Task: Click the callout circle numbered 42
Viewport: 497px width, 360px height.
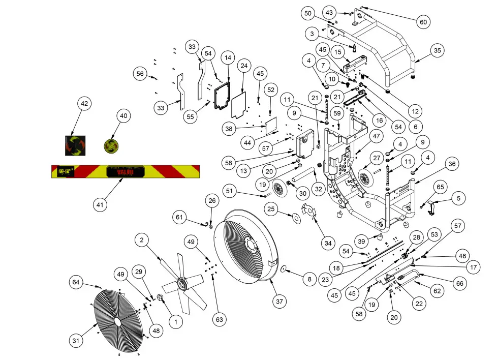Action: click(x=84, y=104)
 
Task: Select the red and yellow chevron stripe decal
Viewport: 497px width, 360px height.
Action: click(x=126, y=172)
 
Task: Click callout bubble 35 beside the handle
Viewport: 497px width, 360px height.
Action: click(x=438, y=50)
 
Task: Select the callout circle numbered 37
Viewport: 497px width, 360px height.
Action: click(x=279, y=302)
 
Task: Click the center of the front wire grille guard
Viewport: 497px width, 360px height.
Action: click(x=118, y=322)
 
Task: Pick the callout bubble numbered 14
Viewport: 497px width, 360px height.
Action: click(x=228, y=58)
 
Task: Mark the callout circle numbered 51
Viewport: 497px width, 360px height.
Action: click(x=230, y=191)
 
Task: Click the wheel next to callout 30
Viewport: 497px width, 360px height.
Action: click(x=278, y=188)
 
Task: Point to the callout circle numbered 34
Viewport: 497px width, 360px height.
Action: click(x=328, y=243)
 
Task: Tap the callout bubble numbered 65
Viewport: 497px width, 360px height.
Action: click(x=440, y=187)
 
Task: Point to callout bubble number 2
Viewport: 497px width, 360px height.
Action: click(x=143, y=239)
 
